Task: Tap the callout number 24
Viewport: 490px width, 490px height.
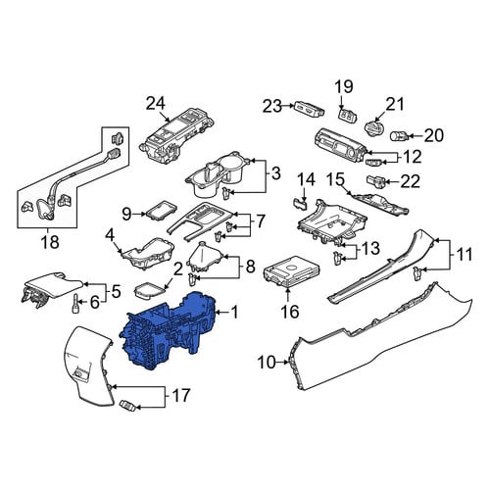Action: pos(156,104)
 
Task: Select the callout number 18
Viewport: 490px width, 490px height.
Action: pos(50,242)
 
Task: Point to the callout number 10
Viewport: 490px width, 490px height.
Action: pos(267,363)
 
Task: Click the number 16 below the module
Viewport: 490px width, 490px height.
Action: pos(289,312)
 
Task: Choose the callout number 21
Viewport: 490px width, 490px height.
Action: pos(395,104)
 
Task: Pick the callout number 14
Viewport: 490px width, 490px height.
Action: pos(306,180)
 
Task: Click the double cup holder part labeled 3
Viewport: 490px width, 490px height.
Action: pos(218,173)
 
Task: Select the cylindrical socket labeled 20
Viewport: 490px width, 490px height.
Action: pos(399,135)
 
